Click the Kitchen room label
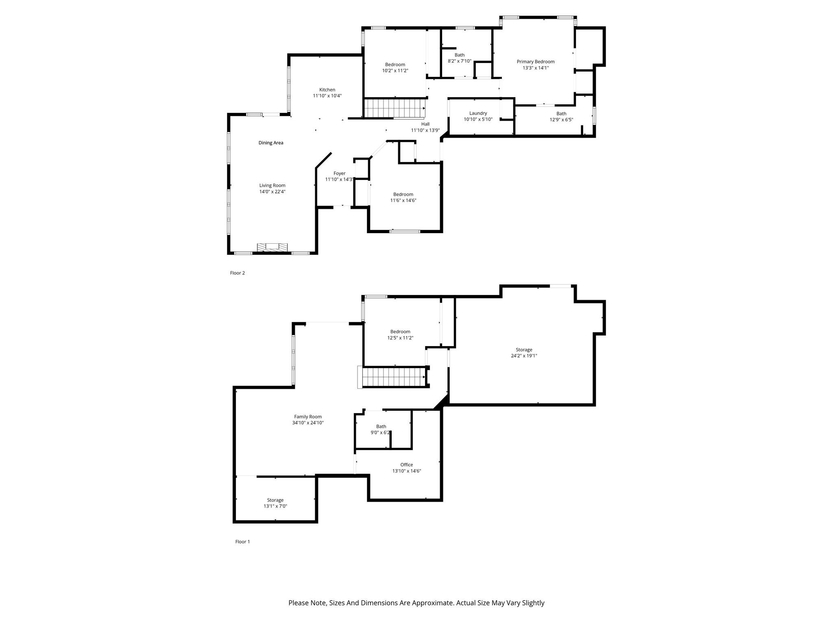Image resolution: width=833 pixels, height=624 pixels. (x=327, y=90)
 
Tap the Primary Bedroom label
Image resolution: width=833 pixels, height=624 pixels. (x=536, y=62)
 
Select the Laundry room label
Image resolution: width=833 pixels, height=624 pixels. (x=478, y=113)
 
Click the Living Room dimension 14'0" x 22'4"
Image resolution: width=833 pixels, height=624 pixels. (x=273, y=192)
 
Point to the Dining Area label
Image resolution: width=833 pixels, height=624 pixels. (x=271, y=143)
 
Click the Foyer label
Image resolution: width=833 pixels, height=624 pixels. (x=339, y=173)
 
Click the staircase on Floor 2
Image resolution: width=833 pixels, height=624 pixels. (x=394, y=108)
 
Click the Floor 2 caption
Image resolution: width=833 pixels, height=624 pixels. (x=238, y=273)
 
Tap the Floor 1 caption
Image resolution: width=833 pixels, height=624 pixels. (x=242, y=542)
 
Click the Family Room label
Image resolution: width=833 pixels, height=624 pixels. (x=308, y=417)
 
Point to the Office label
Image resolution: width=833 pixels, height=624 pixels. (x=406, y=465)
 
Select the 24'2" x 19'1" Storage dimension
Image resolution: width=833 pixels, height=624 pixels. (x=524, y=356)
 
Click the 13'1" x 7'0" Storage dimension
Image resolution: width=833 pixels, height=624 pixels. (x=275, y=506)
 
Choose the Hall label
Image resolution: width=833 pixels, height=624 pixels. (x=425, y=124)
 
